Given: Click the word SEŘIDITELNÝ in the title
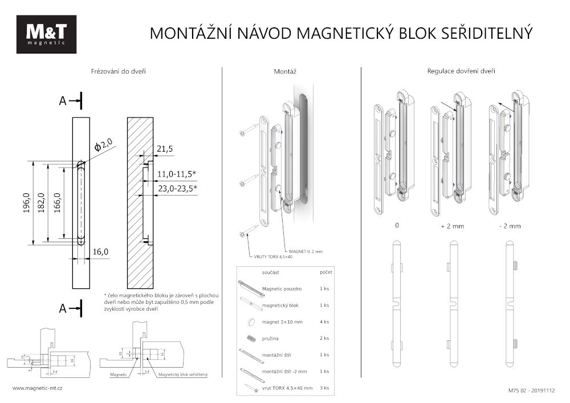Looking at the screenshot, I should tap(487, 33).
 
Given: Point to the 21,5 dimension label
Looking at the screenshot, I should tap(165, 149).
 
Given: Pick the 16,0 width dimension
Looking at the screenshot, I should tap(99, 251).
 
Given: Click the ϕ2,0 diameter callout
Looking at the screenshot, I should tap(104, 145).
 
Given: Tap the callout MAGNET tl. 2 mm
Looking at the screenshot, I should tap(306, 251).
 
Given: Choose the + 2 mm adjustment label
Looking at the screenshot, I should tap(453, 226).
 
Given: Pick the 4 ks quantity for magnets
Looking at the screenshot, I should tap(325, 322).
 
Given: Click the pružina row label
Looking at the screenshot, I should tap(271, 339).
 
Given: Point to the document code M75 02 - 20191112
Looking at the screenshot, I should tap(531, 391).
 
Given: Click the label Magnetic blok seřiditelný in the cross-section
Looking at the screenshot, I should tap(182, 374).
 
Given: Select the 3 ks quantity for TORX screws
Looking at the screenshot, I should tap(325, 388).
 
